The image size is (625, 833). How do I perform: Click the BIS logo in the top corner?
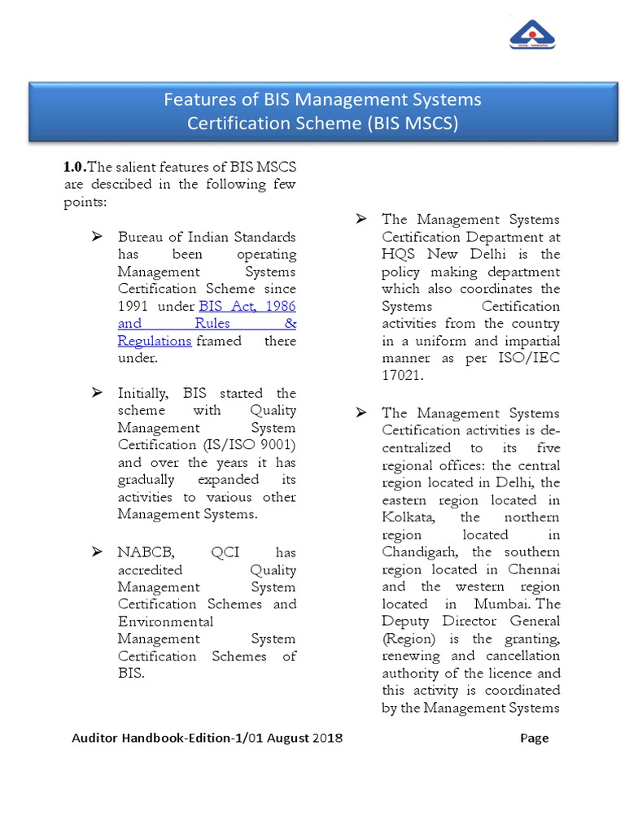point(531,35)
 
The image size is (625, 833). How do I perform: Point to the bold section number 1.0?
point(74,168)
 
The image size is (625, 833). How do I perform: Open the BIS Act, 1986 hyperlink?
point(247,306)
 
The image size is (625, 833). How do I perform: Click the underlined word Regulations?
point(155,341)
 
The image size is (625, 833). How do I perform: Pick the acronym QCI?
point(225,552)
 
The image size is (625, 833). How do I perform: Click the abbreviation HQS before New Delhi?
point(399,254)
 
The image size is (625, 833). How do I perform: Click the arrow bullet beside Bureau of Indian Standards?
point(97,237)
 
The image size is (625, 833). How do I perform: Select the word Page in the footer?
point(534,738)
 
